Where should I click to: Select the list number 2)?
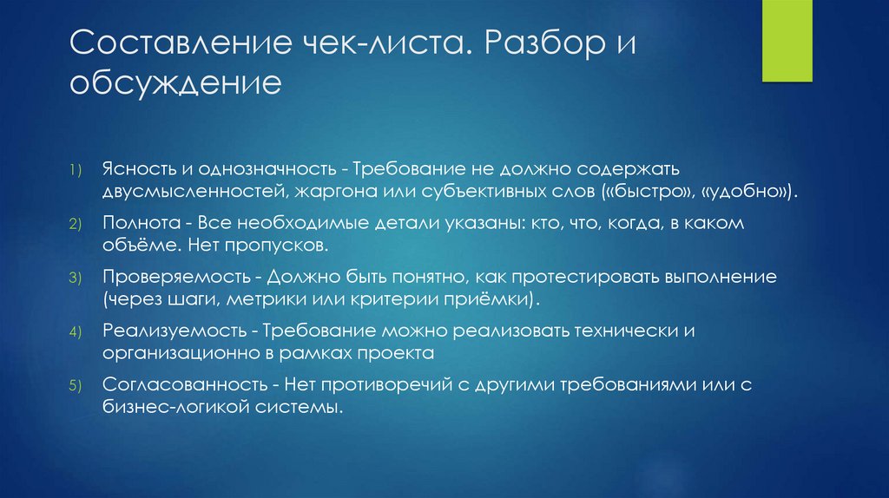pyautogui.click(x=76, y=225)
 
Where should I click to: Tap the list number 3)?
pyautogui.click(x=76, y=278)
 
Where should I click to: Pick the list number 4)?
pyautogui.click(x=76, y=332)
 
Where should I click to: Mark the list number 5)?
pyautogui.click(x=76, y=386)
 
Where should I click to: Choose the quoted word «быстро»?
pyautogui.click(x=651, y=188)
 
